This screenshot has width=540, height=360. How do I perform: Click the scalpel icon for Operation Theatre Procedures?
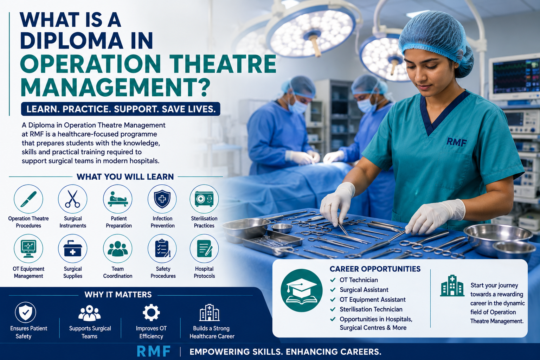tap(28, 199)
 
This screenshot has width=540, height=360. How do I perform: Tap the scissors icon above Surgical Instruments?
tap(72, 199)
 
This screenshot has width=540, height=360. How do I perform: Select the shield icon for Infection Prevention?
tap(162, 199)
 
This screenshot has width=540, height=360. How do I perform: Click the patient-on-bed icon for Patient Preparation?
tap(118, 199)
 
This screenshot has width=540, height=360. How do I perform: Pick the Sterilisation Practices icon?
tap(204, 199)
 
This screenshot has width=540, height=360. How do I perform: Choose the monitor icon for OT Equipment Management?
tap(28, 248)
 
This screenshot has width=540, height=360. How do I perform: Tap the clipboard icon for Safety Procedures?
tap(162, 248)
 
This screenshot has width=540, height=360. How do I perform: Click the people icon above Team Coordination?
tap(118, 248)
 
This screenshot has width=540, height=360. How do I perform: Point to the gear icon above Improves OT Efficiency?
tap(151, 313)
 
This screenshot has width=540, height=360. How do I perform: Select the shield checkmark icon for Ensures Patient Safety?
tap(26, 312)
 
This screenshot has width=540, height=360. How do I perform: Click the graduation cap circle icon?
tap(302, 290)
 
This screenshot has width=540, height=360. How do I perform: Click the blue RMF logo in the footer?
tap(154, 351)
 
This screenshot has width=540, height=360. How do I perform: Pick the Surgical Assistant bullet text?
tap(364, 290)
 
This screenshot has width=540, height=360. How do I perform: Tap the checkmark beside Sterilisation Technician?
tap(333, 309)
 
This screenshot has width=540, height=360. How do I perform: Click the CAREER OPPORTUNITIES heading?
tap(375, 269)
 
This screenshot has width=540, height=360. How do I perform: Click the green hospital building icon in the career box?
tap(452, 285)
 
